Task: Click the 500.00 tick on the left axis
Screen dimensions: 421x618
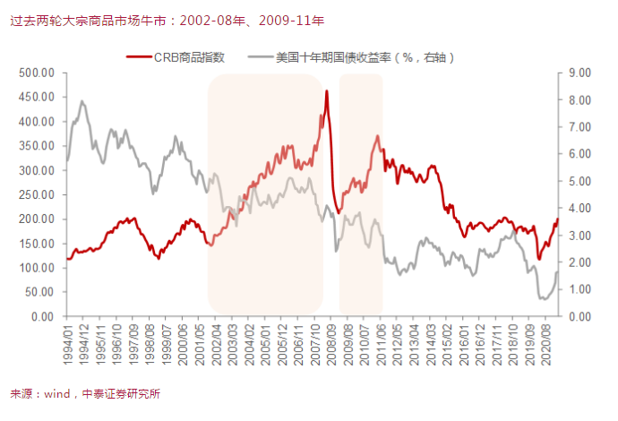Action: click(38, 73)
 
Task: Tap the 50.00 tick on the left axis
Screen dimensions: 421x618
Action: click(40, 292)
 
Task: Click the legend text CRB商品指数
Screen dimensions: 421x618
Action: click(189, 57)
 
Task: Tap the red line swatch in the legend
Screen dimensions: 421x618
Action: click(139, 57)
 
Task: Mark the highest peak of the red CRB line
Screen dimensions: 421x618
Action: click(327, 91)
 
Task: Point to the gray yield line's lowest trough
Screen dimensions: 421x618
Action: click(543, 299)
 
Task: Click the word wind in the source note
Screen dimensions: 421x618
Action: click(57, 393)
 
